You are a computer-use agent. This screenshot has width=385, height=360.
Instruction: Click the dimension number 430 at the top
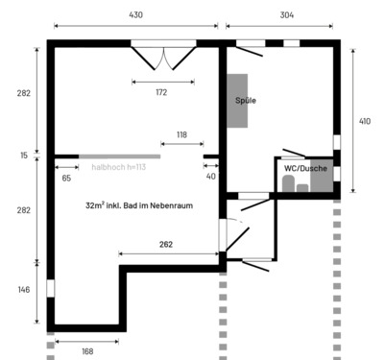tap(135, 14)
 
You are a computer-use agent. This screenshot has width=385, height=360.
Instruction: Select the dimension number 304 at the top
tap(287, 14)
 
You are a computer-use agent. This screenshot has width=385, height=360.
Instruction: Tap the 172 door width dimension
tap(161, 92)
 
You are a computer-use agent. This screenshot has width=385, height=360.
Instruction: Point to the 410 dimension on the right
tap(365, 121)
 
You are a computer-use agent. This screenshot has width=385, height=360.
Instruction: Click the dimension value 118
tap(181, 134)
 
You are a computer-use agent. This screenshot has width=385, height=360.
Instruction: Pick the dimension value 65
tap(66, 178)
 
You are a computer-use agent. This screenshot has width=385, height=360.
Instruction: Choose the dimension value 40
tap(210, 177)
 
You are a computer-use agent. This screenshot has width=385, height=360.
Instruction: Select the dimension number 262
tap(166, 245)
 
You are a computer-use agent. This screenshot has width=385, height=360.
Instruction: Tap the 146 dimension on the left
tap(24, 289)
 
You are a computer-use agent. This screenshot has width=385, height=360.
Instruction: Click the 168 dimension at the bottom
tap(87, 351)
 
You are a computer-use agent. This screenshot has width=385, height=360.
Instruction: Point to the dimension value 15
tap(24, 155)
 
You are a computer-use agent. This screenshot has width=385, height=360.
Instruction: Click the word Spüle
tap(246, 100)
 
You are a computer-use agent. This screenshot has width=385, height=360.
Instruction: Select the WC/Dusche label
tap(306, 169)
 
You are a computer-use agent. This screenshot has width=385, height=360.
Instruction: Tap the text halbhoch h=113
tap(118, 166)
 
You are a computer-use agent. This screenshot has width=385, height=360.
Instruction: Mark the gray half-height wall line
tap(119, 156)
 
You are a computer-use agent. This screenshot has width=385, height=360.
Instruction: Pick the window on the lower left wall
tap(50, 287)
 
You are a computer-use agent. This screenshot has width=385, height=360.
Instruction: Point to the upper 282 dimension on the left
tap(24, 93)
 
